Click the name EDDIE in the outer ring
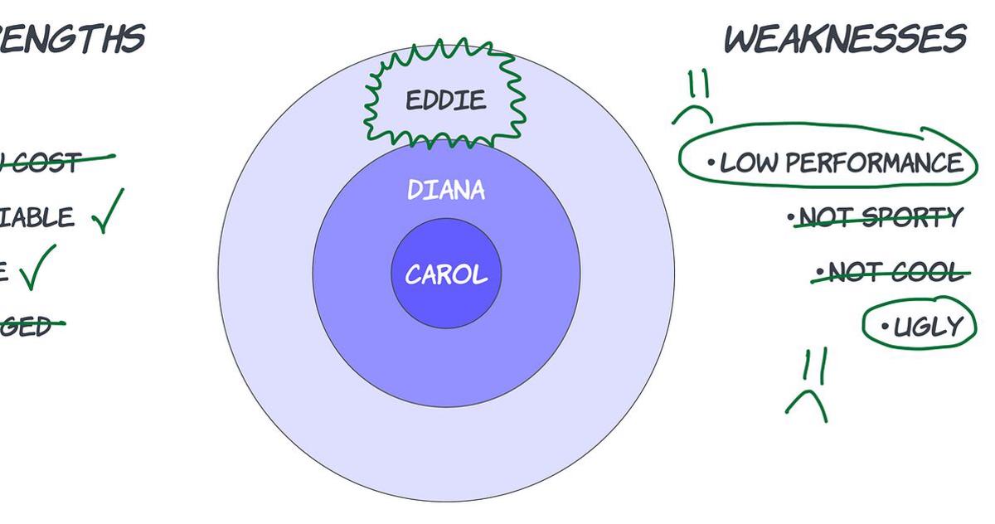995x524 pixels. click(445, 101)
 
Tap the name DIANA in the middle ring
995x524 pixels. click(446, 190)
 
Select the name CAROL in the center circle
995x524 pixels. click(446, 274)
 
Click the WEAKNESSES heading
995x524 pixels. click(845, 39)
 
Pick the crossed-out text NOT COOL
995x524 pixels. click(897, 272)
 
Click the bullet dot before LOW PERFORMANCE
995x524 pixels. click(711, 163)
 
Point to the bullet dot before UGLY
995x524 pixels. click(885, 327)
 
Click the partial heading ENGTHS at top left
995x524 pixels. click(73, 39)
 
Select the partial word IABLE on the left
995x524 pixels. click(36, 218)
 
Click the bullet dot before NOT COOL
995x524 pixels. click(820, 271)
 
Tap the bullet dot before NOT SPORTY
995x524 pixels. click(791, 218)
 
